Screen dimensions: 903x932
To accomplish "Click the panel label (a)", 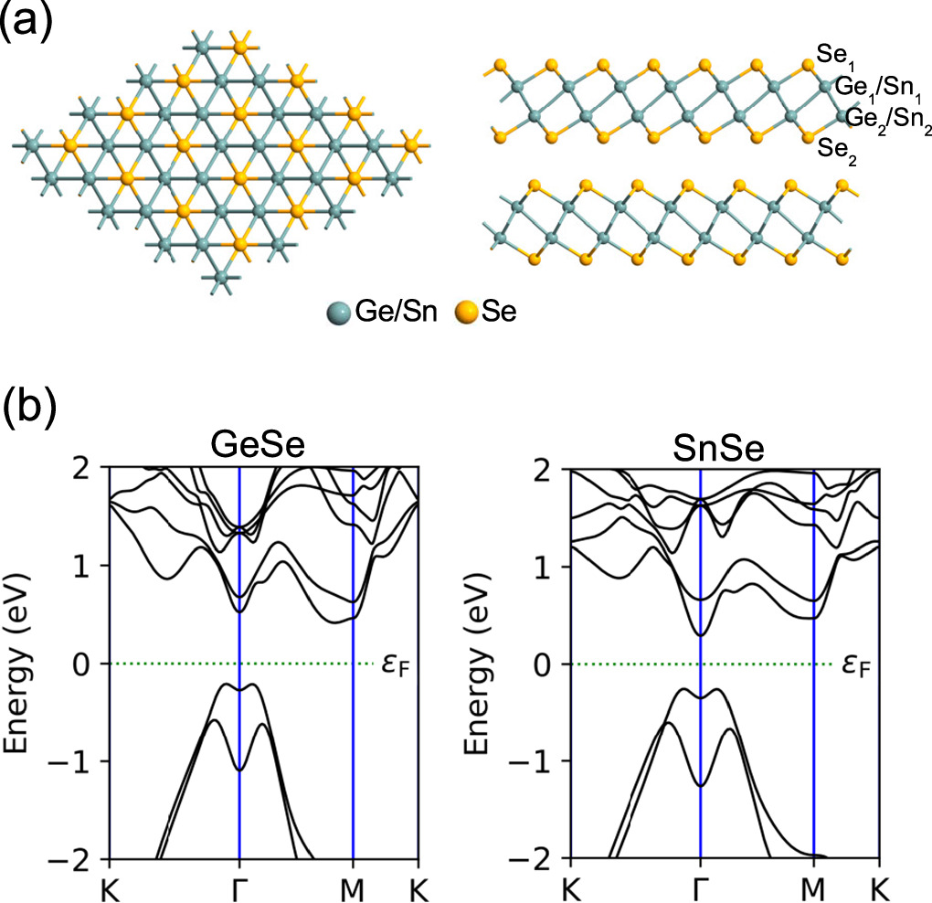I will coord(30,20).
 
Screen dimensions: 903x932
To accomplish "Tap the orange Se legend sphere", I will coord(467,313).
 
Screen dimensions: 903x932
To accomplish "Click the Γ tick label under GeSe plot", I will coord(239,884).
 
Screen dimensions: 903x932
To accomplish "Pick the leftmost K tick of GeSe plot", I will coord(110,884).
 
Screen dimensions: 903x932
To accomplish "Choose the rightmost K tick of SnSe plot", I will coord(879,884).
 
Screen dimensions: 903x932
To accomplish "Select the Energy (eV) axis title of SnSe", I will coord(479,663).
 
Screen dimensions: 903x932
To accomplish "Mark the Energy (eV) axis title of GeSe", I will coord(20,663).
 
